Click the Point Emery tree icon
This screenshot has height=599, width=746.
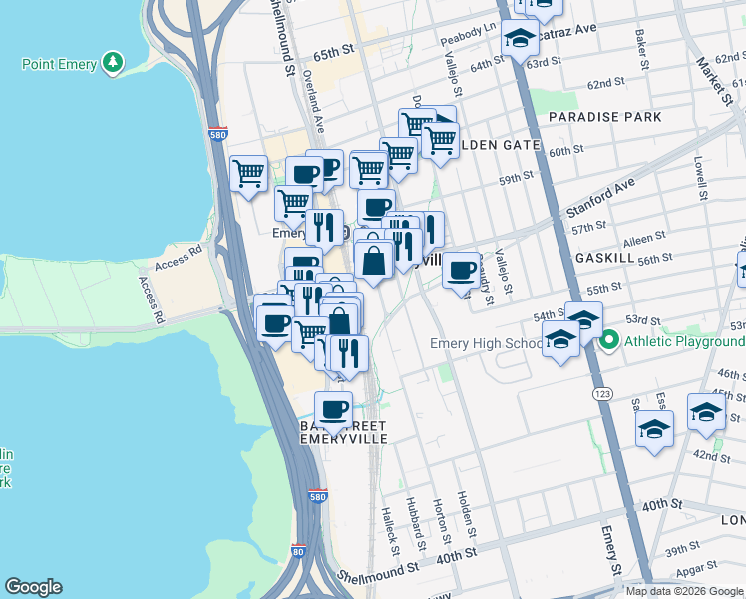pyautogui.click(x=113, y=63)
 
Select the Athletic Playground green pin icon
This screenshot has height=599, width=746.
pyautogui.click(x=610, y=341)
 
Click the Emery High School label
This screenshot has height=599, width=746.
pyautogui.click(x=486, y=343)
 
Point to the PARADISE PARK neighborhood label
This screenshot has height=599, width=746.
pyautogui.click(x=604, y=117)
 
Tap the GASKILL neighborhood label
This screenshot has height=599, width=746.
pyautogui.click(x=605, y=257)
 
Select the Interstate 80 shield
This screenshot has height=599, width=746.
pyautogui.click(x=298, y=550)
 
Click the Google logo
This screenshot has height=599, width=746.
pyautogui.click(x=33, y=587)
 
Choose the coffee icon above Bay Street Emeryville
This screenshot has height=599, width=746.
pyautogui.click(x=333, y=408)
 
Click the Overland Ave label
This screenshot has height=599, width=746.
pyautogui.click(x=314, y=102)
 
